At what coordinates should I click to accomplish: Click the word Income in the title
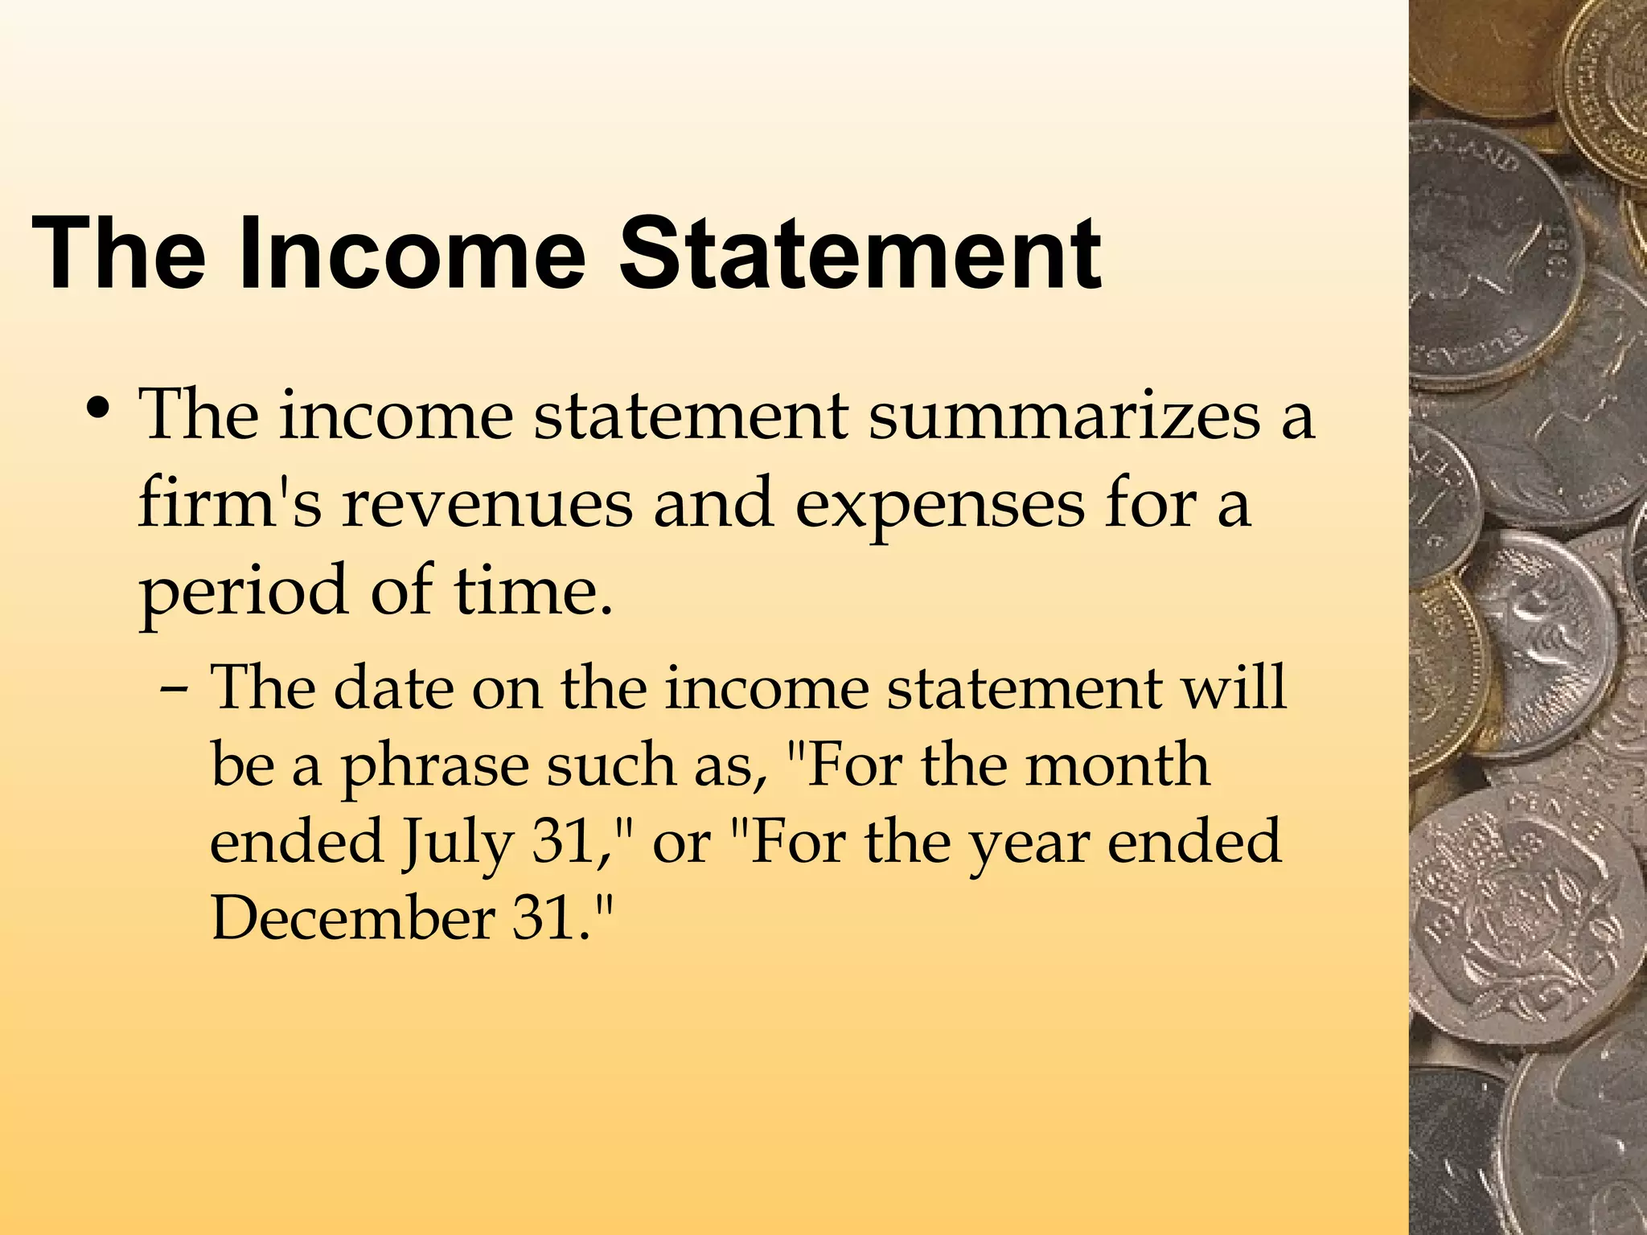(411, 253)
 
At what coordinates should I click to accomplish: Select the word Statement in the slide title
(860, 253)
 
